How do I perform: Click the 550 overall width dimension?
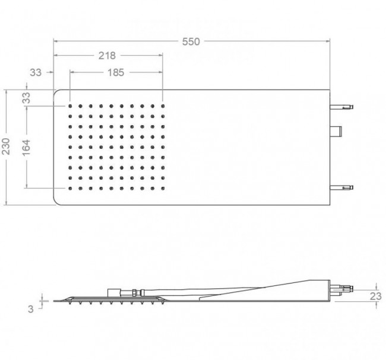pyautogui.click(x=191, y=42)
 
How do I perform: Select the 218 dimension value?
pyautogui.click(x=107, y=56)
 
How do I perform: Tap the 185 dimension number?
pyautogui.click(x=116, y=72)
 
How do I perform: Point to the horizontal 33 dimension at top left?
pyautogui.click(x=36, y=72)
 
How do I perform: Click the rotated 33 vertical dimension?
pyautogui.click(x=26, y=98)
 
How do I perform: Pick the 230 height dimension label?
pyautogui.click(x=6, y=146)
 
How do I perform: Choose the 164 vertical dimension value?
pyautogui.click(x=26, y=147)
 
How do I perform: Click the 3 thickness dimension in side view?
pyautogui.click(x=30, y=309)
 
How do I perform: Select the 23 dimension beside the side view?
pyautogui.click(x=376, y=297)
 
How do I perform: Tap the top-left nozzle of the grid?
pyautogui.click(x=70, y=106)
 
